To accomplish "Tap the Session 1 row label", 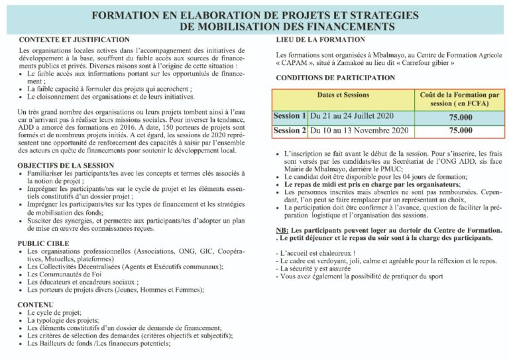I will pos(290,115).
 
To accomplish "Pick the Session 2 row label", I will pos(290,131).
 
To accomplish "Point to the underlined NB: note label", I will pos(281,229).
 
